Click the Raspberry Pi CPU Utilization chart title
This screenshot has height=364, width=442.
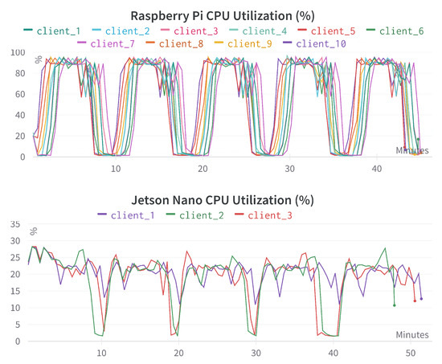[x=220, y=16]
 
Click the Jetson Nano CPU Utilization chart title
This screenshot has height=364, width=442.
[x=221, y=199]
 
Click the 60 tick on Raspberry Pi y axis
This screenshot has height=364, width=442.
[x=18, y=94]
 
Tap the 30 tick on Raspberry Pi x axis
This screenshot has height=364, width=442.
[x=290, y=169]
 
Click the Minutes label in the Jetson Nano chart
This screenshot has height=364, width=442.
[x=411, y=333]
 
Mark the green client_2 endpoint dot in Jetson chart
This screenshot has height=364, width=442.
[x=394, y=305]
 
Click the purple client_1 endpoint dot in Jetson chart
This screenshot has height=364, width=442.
[x=421, y=299]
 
